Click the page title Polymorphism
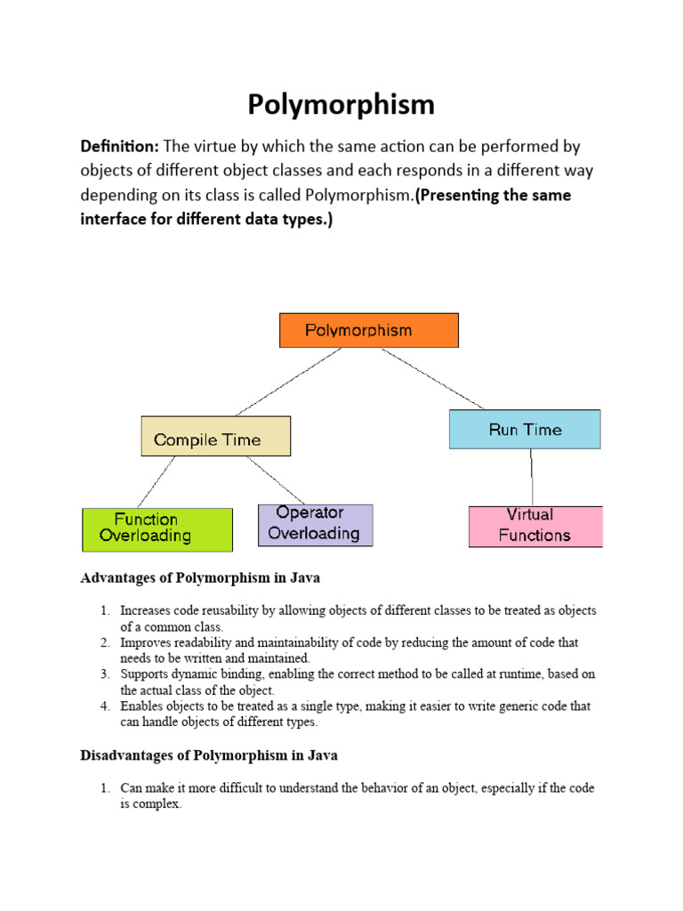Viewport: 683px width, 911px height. coord(341,105)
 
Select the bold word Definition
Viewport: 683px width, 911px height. coord(119,146)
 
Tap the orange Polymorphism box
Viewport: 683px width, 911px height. coord(369,330)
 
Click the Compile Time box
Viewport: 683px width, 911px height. coord(215,437)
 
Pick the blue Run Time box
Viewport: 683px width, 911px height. coord(525,430)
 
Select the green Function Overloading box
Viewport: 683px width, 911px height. coord(157,528)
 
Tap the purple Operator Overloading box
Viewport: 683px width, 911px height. coord(315,525)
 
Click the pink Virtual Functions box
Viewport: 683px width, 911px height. coord(535,526)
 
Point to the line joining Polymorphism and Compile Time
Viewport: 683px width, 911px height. coord(289,382)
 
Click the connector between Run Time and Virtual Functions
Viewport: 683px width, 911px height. coord(532,477)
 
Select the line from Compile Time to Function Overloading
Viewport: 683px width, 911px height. coord(156,482)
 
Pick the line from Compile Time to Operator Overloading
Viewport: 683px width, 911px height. coord(276,480)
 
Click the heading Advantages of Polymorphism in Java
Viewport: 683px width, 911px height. coord(200,577)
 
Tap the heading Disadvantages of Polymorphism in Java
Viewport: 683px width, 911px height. coord(209,755)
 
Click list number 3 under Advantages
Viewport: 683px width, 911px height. coord(104,674)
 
